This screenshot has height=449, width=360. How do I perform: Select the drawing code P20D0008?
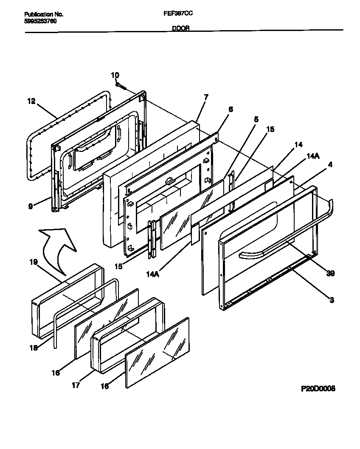click(x=318, y=388)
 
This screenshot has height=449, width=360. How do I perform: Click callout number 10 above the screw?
click(x=115, y=75)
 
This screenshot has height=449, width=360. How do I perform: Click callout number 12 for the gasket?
click(x=31, y=101)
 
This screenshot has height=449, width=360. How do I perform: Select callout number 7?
click(x=206, y=97)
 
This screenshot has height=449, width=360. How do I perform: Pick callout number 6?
click(x=231, y=109)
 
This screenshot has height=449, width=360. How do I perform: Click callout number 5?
click(x=256, y=120)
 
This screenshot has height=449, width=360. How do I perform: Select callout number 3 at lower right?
click(x=332, y=300)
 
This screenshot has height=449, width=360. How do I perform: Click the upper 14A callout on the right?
click(x=312, y=156)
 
